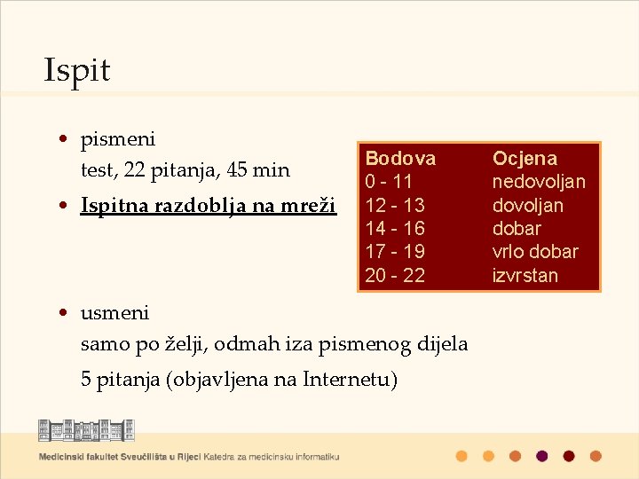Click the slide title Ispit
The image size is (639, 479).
click(x=77, y=71)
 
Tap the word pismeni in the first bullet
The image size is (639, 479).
click(x=117, y=139)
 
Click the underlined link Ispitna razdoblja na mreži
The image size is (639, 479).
click(x=208, y=205)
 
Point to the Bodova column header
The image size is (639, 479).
click(x=400, y=159)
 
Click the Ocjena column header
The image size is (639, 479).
click(x=525, y=159)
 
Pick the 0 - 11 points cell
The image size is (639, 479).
click(x=389, y=182)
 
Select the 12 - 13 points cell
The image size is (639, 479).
click(x=395, y=205)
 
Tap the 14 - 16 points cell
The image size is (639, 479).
click(x=395, y=228)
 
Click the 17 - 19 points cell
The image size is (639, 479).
click(x=395, y=251)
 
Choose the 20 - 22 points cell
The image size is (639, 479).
click(x=395, y=275)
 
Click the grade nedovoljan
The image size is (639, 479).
click(x=539, y=182)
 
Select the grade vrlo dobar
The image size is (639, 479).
click(x=535, y=251)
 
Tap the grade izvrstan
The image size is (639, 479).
click(x=525, y=275)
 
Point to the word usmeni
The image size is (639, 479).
click(x=114, y=313)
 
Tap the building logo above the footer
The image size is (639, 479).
click(x=86, y=431)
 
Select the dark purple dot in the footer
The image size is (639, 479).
click(x=541, y=456)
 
